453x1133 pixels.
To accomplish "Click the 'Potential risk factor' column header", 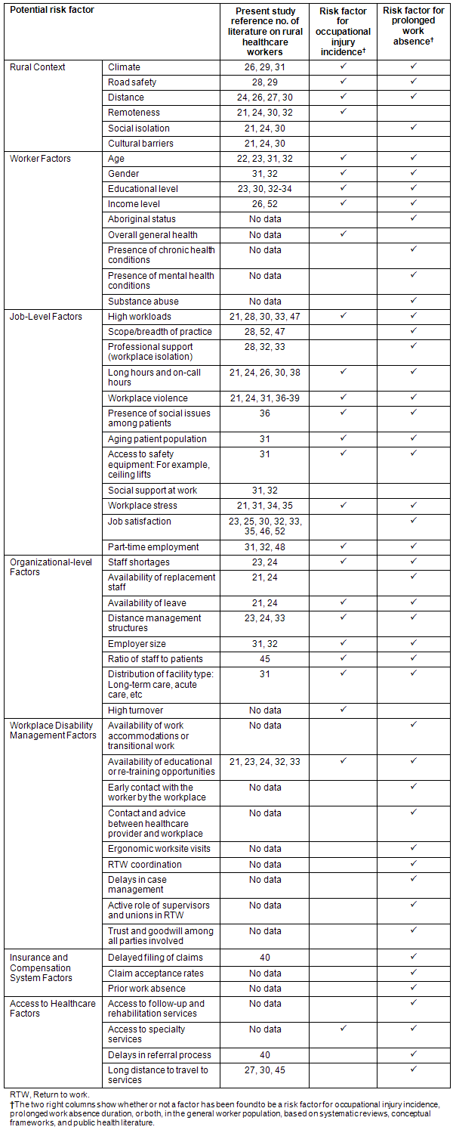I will point(52,11).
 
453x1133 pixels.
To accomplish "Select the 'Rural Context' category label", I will point(38,67).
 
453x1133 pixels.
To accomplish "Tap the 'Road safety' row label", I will point(132,82).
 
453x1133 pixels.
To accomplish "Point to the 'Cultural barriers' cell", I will point(140,144).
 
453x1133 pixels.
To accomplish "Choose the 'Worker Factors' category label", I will point(40,159).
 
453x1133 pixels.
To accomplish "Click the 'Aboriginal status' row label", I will point(142,219).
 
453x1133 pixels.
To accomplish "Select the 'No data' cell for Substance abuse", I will point(264,301).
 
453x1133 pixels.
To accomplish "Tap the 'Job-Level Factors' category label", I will point(45,316).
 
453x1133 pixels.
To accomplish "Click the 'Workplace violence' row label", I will point(148,398).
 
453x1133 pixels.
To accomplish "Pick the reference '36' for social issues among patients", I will point(264,413).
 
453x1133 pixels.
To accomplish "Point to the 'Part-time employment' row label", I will point(153,546).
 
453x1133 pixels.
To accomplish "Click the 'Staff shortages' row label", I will point(139,562).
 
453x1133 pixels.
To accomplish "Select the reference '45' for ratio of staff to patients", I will point(264,659).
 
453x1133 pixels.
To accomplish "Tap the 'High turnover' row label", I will point(135,710).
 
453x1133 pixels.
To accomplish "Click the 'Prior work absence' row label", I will point(146,988).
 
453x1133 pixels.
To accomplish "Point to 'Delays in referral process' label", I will point(159,1054).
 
